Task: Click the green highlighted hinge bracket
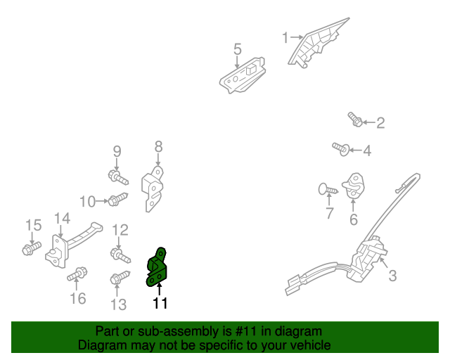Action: [x=156, y=268]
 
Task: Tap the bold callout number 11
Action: [x=160, y=303]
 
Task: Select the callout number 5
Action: [x=238, y=49]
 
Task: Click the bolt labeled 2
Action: [x=355, y=119]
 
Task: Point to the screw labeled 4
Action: [x=341, y=148]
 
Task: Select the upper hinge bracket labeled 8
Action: [x=153, y=188]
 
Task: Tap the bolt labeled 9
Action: [x=118, y=177]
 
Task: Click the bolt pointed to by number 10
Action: [x=117, y=199]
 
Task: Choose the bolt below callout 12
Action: [x=120, y=255]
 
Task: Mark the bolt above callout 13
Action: [x=120, y=277]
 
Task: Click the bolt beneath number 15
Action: [x=32, y=248]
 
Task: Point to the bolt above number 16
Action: [x=77, y=274]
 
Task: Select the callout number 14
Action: [x=62, y=219]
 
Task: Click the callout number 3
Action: [x=392, y=276]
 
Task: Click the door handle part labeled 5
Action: [x=242, y=76]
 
